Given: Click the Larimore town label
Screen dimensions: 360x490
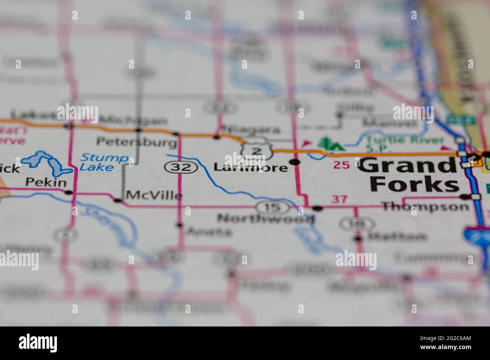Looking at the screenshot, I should click(251, 167).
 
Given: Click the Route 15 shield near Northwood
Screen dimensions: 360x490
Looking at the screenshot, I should click(272, 206).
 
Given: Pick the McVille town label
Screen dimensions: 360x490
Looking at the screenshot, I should click(154, 195).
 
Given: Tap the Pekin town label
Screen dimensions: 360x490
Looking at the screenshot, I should click(46, 183).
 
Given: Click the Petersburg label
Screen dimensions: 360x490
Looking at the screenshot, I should click(136, 142).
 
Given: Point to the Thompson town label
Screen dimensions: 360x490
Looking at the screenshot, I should click(425, 206).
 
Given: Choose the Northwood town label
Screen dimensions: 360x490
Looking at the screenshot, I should click(265, 218).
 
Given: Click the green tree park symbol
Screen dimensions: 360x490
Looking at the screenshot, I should click(326, 143).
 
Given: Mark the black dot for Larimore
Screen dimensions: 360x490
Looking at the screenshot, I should click(296, 162).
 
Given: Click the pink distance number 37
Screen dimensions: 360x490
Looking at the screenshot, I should click(338, 200).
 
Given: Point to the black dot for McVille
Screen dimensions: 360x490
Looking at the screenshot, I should click(118, 200).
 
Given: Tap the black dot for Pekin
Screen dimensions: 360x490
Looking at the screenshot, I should click(68, 192).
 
